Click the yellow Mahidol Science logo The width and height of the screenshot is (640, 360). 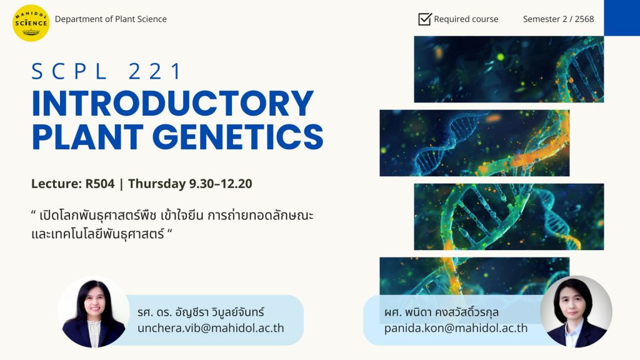click(x=31, y=23)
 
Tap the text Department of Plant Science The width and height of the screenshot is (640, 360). click(x=111, y=19)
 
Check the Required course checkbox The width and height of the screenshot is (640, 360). click(x=425, y=19)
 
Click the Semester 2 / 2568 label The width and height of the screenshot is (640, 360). click(x=558, y=19)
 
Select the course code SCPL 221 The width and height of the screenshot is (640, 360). click(x=106, y=71)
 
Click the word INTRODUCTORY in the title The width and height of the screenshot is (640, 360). click(x=172, y=104)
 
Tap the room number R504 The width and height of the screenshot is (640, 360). click(x=99, y=184)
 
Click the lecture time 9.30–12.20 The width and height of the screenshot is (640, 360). click(x=221, y=184)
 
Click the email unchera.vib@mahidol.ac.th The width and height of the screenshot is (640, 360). click(x=211, y=328)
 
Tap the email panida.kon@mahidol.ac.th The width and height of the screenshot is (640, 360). click(x=456, y=328)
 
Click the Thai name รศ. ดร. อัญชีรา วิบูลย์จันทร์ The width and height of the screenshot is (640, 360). click(x=201, y=312)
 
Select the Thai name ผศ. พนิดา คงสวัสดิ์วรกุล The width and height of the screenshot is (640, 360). click(x=441, y=312)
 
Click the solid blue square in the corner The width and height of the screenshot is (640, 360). click(x=622, y=17)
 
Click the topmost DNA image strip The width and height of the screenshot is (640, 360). click(x=509, y=69)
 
